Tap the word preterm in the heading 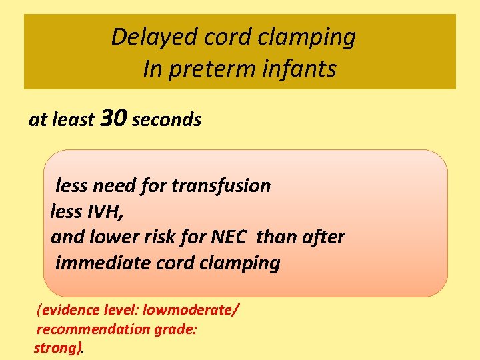[205, 69]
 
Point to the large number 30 [113, 119]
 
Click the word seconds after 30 [167, 120]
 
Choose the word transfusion [221, 185]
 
